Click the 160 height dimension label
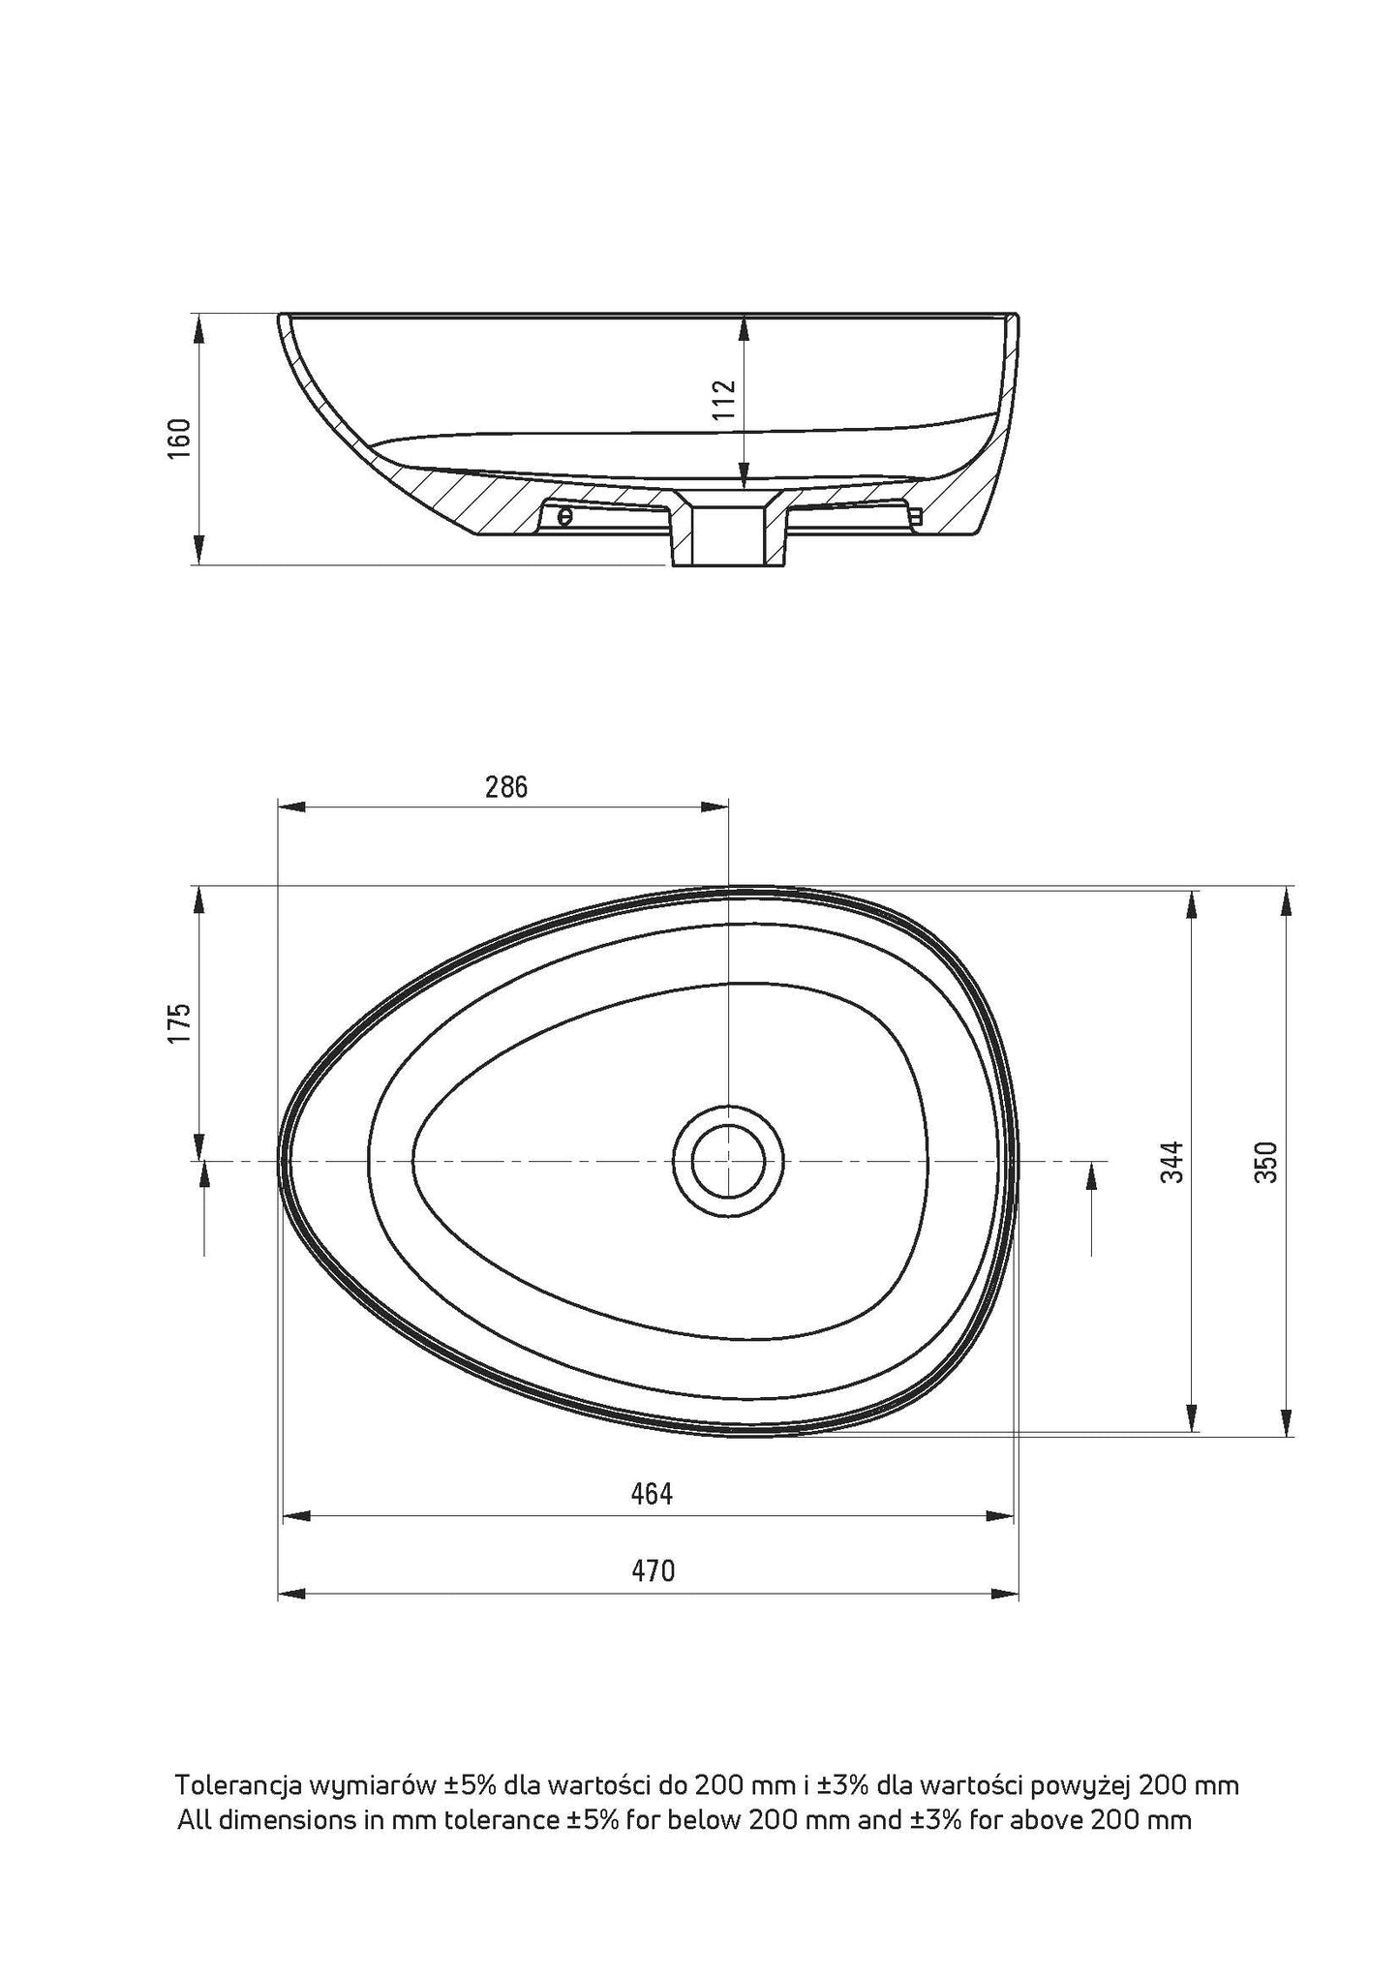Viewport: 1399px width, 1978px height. [180, 440]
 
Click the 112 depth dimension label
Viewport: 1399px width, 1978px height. [725, 400]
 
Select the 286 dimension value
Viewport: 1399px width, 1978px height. [506, 787]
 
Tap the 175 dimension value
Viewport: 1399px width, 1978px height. [180, 1023]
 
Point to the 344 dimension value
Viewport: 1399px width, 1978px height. [1172, 1162]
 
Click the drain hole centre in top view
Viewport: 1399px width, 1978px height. [728, 1160]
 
